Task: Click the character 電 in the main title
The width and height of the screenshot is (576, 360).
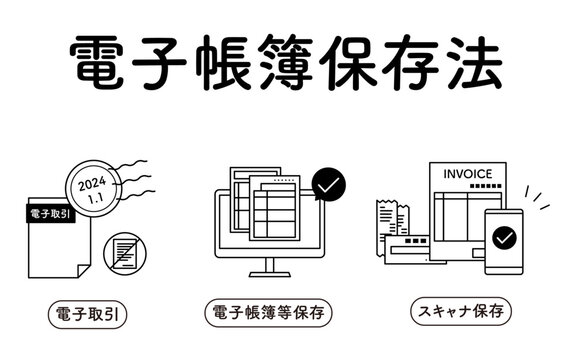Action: tap(96, 62)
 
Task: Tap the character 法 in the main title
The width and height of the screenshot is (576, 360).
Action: tap(476, 62)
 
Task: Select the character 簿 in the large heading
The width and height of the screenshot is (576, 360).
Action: tap(285, 62)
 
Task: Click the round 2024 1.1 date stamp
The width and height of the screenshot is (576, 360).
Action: tap(93, 188)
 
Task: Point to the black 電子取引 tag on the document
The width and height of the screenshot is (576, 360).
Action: tap(51, 213)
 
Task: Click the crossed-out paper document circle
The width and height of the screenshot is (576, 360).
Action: tap(125, 254)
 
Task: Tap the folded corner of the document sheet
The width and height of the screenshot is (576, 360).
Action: tap(83, 271)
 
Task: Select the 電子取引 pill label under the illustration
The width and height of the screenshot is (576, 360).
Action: tap(87, 314)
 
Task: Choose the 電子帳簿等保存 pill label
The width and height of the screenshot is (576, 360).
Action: tap(269, 313)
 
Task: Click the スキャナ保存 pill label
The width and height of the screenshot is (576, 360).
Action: tap(461, 312)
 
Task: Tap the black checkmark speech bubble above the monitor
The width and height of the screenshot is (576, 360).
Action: tap(329, 184)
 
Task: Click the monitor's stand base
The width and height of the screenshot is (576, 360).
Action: tap(270, 274)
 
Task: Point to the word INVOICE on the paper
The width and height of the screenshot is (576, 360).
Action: tap(468, 174)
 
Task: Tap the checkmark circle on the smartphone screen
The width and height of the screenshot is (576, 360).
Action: tap(504, 238)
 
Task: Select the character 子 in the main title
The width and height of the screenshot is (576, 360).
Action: tap(159, 62)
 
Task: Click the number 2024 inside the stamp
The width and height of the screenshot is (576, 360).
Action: tap(92, 183)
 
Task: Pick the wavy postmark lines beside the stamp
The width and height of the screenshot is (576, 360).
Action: tap(134, 180)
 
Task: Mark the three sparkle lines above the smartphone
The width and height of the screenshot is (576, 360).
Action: tap(537, 198)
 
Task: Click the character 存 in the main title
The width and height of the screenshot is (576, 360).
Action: tap(411, 62)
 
